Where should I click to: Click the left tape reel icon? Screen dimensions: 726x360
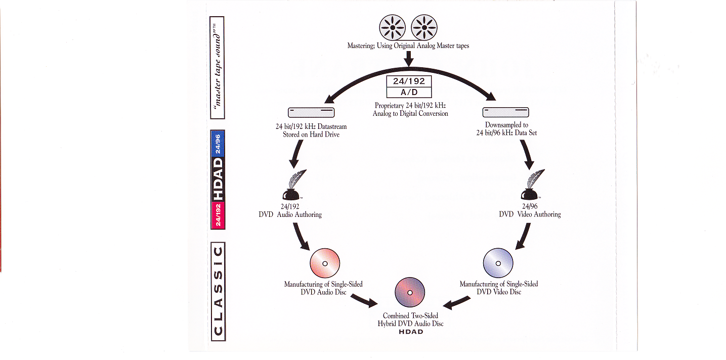coord(392,27)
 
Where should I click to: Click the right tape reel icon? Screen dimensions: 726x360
coord(424,27)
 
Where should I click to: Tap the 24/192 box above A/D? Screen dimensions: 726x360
coord(409,81)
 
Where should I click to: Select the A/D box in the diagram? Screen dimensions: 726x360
coord(409,93)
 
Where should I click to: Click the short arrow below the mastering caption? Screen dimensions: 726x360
coord(409,58)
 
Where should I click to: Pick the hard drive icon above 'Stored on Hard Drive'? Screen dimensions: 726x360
coord(311,112)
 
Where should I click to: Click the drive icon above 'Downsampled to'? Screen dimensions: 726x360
coord(505,112)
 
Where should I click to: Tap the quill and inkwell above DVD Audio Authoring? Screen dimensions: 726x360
coord(294,185)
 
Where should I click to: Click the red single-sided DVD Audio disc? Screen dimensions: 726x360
coord(325,263)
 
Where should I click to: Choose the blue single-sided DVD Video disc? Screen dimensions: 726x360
coord(498,263)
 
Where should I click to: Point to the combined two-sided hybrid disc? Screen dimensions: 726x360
coord(410,292)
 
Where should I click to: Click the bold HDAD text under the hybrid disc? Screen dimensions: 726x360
coord(411,332)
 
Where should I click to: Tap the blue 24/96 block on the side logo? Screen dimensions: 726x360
coord(218,144)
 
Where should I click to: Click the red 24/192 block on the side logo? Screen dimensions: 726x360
coord(218,215)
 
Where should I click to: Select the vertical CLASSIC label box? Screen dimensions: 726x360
coord(218,291)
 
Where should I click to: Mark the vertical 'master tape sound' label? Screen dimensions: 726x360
coord(217,68)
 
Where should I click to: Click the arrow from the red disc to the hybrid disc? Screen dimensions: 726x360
coord(364,300)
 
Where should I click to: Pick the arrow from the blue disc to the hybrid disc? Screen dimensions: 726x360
coord(456,302)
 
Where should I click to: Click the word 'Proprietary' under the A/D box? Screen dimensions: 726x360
coord(389,106)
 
